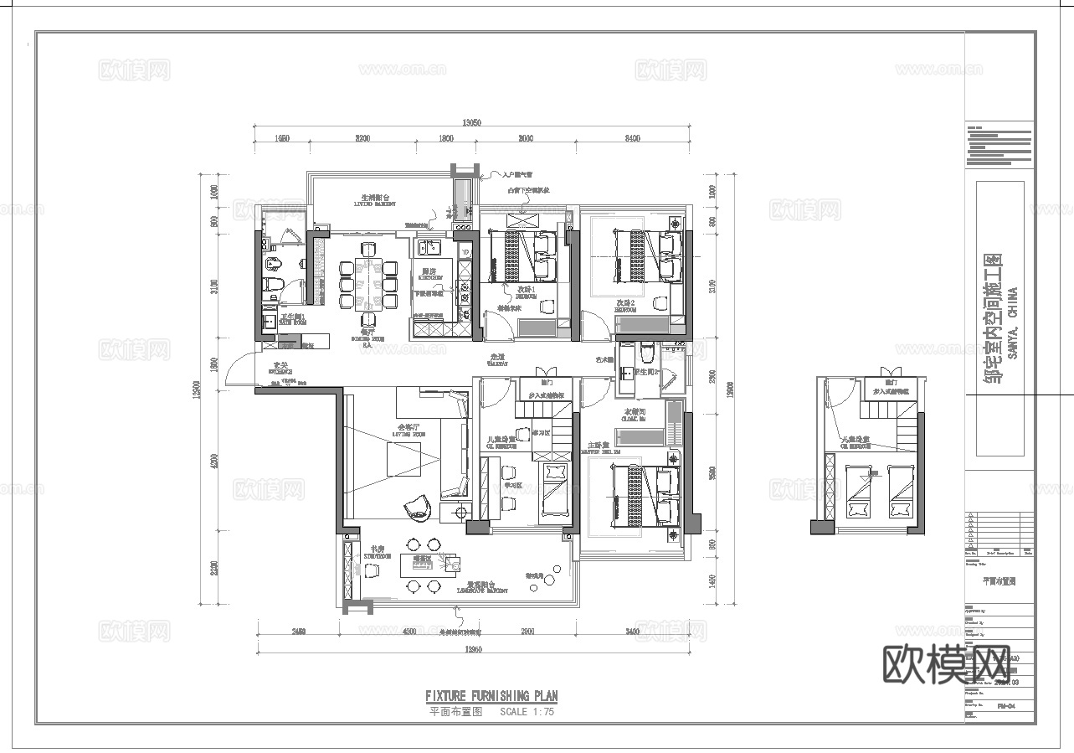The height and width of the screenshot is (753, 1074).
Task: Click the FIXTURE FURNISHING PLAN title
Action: click(x=491, y=696)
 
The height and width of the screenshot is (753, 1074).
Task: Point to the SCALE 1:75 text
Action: click(x=527, y=712)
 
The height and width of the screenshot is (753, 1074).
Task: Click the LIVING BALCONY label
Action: click(x=374, y=201)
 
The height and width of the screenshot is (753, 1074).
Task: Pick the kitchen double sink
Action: click(x=431, y=247)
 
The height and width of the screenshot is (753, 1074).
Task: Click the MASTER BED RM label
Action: click(x=604, y=450)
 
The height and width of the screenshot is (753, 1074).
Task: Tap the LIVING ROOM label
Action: click(x=410, y=432)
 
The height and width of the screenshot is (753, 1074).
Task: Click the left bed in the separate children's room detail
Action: click(x=861, y=492)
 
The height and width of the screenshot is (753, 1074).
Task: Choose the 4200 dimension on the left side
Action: click(x=214, y=460)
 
